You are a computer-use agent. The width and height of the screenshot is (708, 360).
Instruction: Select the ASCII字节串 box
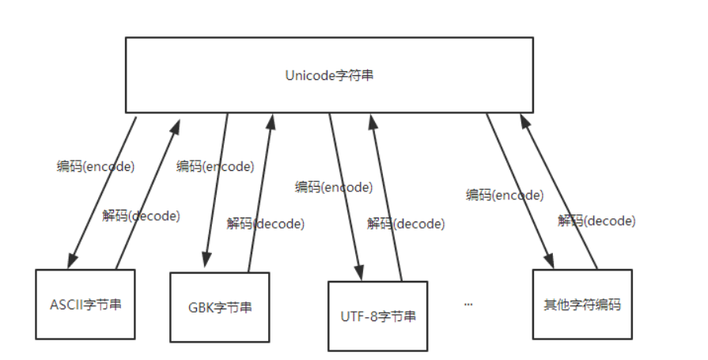pyautogui.click(x=85, y=305)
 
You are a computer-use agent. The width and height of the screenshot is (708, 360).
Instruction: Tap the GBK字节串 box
pyautogui.click(x=219, y=307)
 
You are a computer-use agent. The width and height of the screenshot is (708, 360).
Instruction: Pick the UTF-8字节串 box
pyautogui.click(x=377, y=316)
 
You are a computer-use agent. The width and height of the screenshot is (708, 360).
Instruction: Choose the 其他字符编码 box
pyautogui.click(x=582, y=305)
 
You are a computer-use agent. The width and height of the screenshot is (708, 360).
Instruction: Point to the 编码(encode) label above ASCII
pyautogui.click(x=96, y=167)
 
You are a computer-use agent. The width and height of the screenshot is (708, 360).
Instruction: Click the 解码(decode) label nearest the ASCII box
pyautogui.click(x=141, y=215)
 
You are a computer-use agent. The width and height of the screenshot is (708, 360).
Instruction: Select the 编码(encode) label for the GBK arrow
pyautogui.click(x=215, y=167)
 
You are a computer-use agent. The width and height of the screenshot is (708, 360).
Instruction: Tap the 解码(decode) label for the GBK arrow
pyautogui.click(x=265, y=224)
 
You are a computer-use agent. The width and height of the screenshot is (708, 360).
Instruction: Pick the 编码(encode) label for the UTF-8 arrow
pyautogui.click(x=334, y=188)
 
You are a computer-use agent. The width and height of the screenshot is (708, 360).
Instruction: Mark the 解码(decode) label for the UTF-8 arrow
pyautogui.click(x=406, y=224)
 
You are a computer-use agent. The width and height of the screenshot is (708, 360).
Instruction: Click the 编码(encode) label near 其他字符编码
pyautogui.click(x=505, y=195)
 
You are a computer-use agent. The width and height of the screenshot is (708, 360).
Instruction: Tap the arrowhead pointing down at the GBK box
pyautogui.click(x=206, y=262)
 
